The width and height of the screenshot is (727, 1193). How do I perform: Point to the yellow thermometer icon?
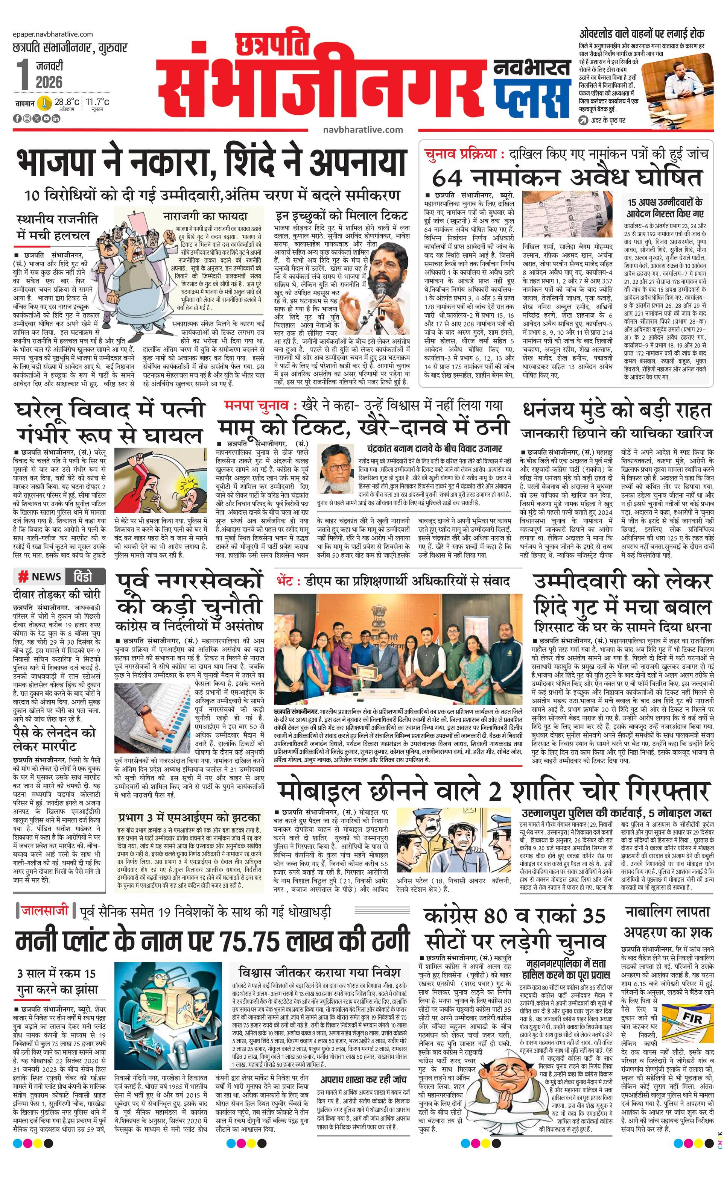click(45, 103)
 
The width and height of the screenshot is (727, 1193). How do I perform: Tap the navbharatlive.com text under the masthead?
click(363, 129)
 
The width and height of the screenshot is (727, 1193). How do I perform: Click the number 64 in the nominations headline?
click(447, 178)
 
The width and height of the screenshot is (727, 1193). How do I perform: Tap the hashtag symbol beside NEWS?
click(23, 576)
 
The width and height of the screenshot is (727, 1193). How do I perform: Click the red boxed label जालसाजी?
click(44, 911)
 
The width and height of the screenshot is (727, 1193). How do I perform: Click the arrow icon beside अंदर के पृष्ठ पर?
click(584, 120)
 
